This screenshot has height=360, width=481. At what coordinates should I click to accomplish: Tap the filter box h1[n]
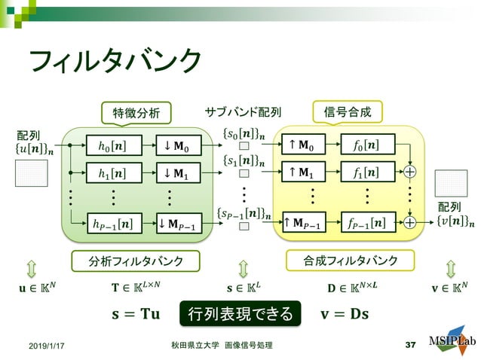click(113, 173)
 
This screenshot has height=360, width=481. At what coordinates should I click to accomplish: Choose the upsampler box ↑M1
click(305, 172)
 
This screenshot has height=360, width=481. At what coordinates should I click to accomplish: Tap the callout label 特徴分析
click(136, 113)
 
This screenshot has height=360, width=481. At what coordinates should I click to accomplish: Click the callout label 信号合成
click(348, 113)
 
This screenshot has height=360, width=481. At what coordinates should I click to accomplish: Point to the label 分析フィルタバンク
click(136, 261)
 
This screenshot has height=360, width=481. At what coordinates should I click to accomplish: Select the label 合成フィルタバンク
click(351, 261)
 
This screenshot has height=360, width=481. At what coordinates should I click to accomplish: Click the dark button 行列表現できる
click(240, 313)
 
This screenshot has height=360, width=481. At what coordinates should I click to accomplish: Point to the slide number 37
click(410, 344)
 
